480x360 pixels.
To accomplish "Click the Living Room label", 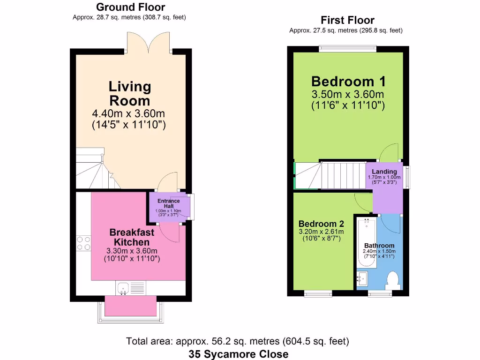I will click(130, 93).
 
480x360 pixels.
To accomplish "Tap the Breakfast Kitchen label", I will click(130, 237).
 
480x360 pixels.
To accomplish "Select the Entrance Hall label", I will click(169, 203).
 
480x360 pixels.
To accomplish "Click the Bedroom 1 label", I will click(348, 81).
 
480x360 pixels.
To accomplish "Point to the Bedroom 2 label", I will click(321, 224).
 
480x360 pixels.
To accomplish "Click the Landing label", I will click(384, 172).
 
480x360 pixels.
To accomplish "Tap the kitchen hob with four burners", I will click(83, 243).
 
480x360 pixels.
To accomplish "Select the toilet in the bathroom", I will click(392, 281).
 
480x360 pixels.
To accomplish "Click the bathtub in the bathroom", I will click(366, 241).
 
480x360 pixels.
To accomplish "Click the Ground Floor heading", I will click(130, 7).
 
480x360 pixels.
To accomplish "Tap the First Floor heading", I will click(347, 20).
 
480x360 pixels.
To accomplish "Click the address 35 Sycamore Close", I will click(239, 354).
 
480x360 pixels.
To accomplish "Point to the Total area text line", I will click(238, 341).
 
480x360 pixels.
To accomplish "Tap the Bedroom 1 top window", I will click(348, 48).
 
